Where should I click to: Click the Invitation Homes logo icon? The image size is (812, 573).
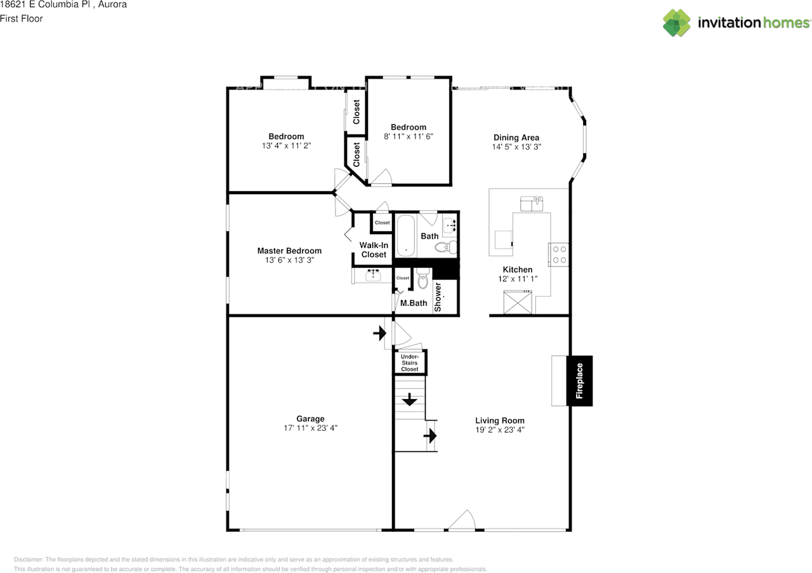click(x=677, y=23)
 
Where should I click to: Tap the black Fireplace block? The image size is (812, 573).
click(x=579, y=381)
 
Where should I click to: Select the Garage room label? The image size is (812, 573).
click(x=310, y=419)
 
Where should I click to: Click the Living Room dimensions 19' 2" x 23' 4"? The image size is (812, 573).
click(x=500, y=430)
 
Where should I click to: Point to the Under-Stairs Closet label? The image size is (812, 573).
click(x=410, y=363)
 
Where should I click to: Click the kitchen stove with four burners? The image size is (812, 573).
click(x=559, y=254)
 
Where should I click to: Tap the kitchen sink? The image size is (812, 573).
click(x=532, y=204)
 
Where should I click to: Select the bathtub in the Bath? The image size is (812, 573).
click(x=406, y=236)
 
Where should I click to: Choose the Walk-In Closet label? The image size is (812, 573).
click(x=374, y=250)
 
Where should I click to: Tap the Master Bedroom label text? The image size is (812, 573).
click(x=289, y=251)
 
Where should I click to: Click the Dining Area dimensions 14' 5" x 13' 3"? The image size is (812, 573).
click(x=516, y=147)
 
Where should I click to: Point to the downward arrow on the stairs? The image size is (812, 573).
click(x=409, y=400)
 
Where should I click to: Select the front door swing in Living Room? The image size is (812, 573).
click(x=462, y=520)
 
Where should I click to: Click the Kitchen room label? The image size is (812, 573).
click(x=518, y=270)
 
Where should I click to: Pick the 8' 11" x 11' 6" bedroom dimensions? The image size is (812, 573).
click(x=409, y=136)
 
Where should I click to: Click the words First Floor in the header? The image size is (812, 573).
click(x=22, y=18)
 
